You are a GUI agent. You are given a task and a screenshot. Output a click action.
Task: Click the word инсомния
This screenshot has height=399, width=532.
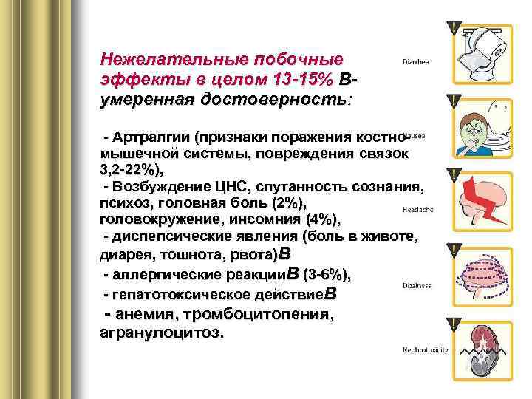click(x=267, y=219)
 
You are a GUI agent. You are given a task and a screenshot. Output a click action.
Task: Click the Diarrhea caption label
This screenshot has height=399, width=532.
click(x=416, y=63)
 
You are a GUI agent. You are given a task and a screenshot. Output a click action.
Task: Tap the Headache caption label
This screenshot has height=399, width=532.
click(x=417, y=209)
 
